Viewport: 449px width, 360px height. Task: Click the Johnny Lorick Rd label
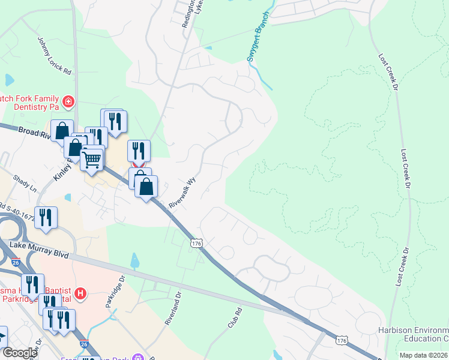[x=55, y=57]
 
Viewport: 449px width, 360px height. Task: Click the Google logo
[x=19, y=353]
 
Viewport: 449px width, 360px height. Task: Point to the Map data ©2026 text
[x=423, y=355]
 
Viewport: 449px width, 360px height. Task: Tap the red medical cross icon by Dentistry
[x=68, y=101]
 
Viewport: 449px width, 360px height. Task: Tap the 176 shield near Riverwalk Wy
[x=196, y=243]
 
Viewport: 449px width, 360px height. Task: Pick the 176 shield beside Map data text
[x=342, y=340]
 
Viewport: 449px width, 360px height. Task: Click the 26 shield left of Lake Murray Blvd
[x=16, y=261]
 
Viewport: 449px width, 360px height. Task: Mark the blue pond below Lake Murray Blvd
[x=134, y=261]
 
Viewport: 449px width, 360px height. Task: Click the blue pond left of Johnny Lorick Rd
[x=9, y=80]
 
